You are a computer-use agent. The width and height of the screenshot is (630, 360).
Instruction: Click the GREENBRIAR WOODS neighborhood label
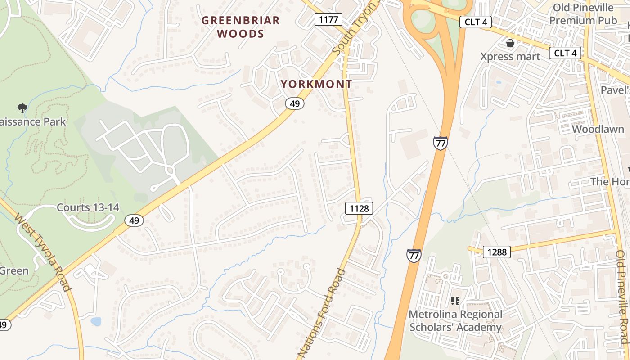[240, 27]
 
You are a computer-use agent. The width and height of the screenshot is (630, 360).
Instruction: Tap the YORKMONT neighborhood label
[316, 84]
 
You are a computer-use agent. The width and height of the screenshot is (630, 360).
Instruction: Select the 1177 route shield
[328, 19]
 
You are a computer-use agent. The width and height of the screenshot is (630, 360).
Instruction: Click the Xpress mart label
[510, 57]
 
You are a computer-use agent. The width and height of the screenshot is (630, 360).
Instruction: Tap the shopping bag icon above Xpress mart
[510, 43]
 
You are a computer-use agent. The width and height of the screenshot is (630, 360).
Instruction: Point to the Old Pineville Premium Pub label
[583, 14]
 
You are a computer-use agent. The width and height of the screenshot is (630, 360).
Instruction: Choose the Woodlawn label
[598, 129]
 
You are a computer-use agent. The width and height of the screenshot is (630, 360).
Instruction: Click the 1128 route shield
[359, 208]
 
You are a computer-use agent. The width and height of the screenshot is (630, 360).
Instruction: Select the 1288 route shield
[497, 252]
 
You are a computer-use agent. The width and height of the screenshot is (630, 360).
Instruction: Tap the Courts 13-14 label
[88, 207]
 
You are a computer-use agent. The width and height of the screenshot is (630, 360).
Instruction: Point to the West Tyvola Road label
[43, 252]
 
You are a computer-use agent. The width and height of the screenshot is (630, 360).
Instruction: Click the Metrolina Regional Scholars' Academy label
[455, 320]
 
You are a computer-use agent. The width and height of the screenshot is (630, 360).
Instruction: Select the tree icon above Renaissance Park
[22, 108]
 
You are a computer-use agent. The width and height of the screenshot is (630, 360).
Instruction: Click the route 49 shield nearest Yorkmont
[294, 104]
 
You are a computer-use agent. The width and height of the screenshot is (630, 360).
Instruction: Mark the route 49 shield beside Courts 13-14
[134, 220]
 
